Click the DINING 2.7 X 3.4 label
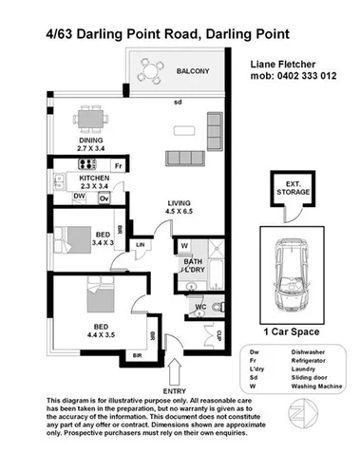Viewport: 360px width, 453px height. pyautogui.click(x=93, y=144)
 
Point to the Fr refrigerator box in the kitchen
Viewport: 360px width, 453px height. pyautogui.click(x=119, y=166)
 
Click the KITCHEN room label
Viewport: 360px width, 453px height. pyautogui.click(x=95, y=178)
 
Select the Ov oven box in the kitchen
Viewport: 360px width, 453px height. pyautogui.click(x=104, y=198)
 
